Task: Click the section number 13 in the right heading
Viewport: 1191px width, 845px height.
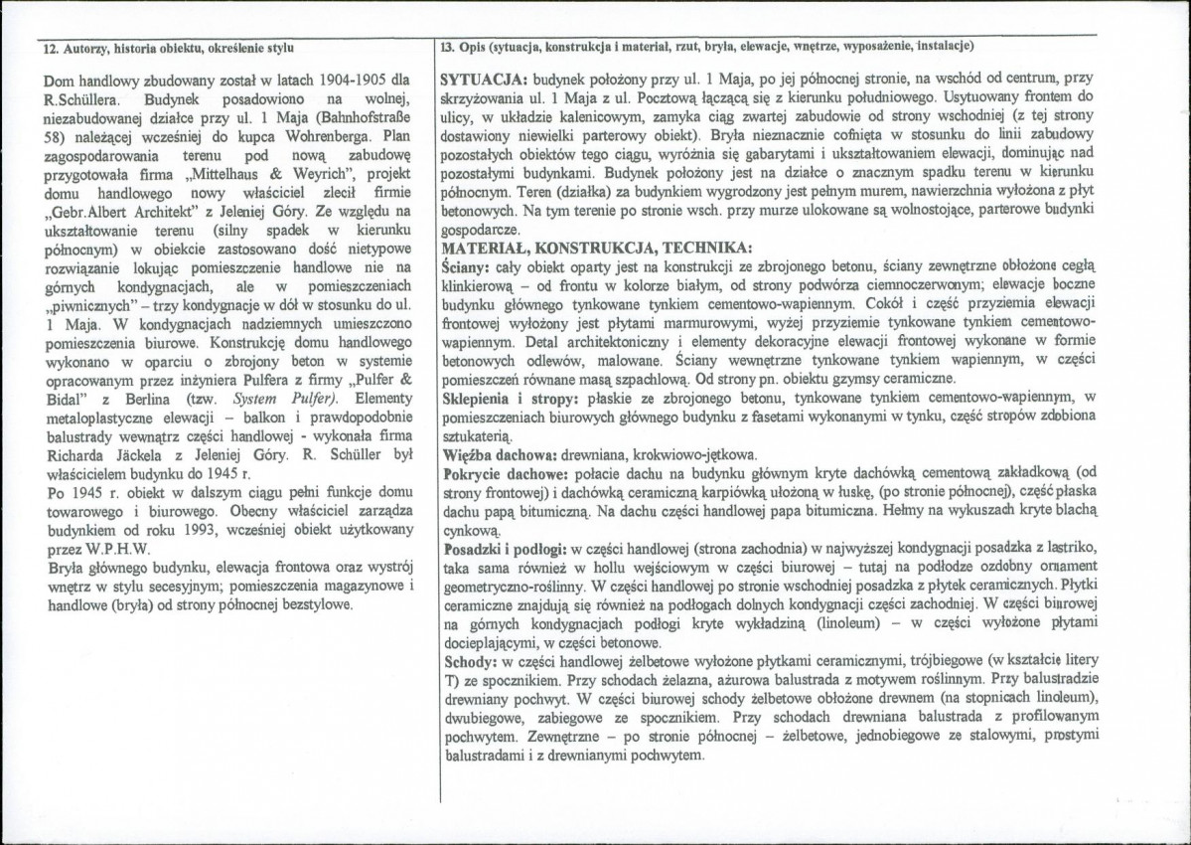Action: point(446,47)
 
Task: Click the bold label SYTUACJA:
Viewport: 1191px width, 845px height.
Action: point(485,78)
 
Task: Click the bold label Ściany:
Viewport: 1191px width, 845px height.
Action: point(471,265)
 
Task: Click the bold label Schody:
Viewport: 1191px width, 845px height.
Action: point(470,661)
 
